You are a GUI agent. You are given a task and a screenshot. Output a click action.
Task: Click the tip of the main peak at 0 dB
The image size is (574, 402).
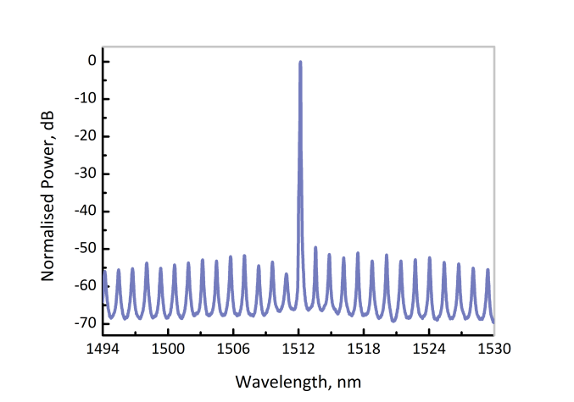click(x=300, y=62)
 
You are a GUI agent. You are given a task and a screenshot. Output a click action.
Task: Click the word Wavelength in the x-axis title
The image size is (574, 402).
click(x=276, y=381)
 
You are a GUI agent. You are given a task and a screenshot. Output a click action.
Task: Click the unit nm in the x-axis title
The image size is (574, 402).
click(x=350, y=381)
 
